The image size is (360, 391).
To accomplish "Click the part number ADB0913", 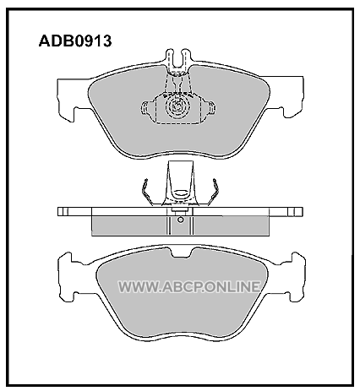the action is pos(75,41).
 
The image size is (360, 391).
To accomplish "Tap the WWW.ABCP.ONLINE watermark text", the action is pos(189,287).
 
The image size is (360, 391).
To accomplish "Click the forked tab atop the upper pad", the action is pos(177,59).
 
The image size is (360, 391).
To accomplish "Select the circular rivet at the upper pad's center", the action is pos(177,106).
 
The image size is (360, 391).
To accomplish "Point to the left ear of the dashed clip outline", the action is pos(148,108).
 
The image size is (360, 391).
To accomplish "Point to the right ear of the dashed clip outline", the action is pos(209,108).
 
